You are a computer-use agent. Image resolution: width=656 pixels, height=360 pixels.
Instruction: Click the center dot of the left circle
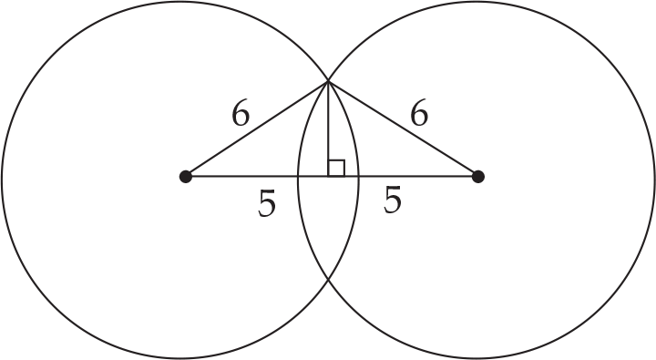[186, 176]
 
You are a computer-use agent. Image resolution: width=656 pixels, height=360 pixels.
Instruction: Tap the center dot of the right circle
[477, 176]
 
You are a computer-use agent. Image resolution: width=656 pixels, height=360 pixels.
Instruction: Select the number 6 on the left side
[241, 114]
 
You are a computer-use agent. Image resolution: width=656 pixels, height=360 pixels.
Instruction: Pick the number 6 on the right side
[419, 114]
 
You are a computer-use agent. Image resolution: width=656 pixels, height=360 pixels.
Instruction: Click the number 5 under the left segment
[266, 204]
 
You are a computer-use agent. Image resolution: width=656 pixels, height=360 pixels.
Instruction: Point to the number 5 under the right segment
[393, 201]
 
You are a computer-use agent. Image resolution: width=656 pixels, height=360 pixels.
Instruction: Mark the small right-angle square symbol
[336, 168]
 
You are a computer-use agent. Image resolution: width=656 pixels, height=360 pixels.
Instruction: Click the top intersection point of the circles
[328, 82]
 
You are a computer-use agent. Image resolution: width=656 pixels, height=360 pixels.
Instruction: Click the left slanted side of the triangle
[257, 129]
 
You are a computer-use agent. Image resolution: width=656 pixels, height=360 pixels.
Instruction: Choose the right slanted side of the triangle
[403, 129]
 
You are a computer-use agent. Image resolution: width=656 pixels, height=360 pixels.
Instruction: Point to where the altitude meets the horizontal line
[328, 176]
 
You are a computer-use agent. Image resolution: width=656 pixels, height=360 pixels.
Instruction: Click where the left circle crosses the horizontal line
[359, 176]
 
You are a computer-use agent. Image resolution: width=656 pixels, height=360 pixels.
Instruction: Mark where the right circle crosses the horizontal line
[298, 176]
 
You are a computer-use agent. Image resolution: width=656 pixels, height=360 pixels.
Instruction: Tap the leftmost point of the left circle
[3, 179]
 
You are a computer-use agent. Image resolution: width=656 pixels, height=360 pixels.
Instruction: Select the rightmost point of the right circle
[653, 179]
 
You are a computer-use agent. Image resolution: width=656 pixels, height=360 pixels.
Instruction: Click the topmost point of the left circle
[180, 3]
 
